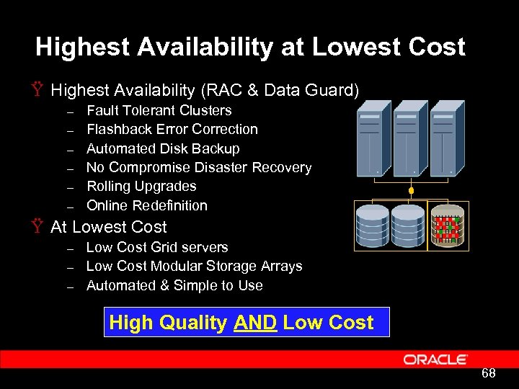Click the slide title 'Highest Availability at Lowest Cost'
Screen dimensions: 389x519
point(250,48)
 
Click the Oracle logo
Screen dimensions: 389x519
point(435,359)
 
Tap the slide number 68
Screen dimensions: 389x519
point(488,373)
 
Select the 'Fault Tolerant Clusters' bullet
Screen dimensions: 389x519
point(159,110)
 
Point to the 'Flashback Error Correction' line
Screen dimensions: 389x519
point(172,130)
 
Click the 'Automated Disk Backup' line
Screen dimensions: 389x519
point(163,148)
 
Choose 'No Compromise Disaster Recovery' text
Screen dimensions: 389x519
point(198,167)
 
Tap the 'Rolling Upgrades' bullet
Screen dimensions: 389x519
point(141,186)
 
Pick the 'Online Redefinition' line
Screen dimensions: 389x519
point(146,205)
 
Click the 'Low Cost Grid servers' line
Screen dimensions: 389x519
point(157,247)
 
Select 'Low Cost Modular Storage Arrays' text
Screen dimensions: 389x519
point(194,266)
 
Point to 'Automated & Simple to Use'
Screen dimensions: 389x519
point(174,285)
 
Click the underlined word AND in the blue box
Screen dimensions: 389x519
point(255,322)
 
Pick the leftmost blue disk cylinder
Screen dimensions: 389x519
point(373,226)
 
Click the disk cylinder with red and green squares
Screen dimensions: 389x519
point(447,226)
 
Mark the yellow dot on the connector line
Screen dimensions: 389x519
point(411,192)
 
